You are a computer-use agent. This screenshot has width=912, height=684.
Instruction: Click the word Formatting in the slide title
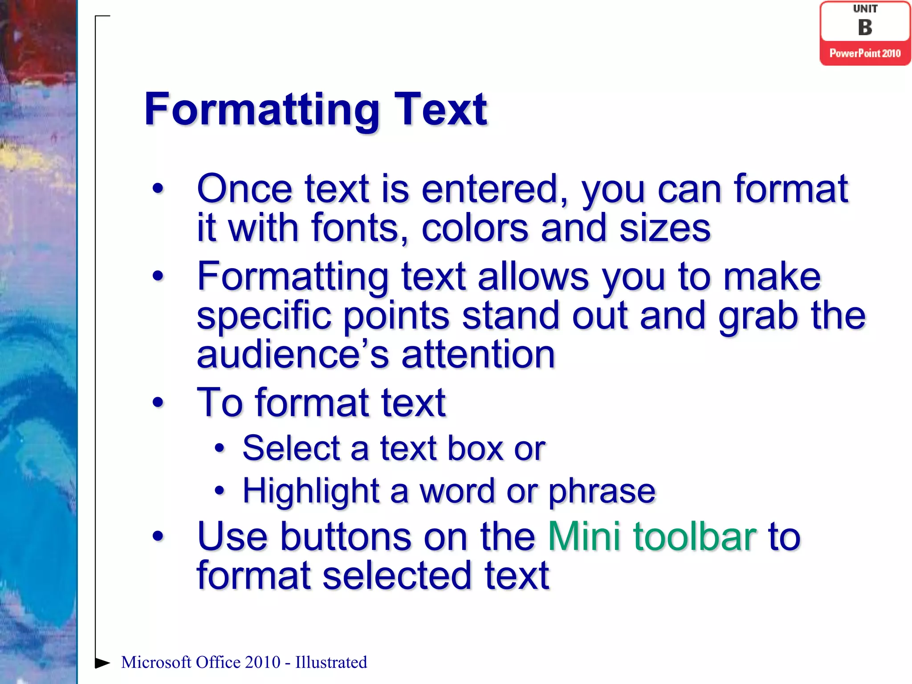(x=262, y=110)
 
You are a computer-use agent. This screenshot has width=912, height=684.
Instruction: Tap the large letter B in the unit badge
(x=865, y=28)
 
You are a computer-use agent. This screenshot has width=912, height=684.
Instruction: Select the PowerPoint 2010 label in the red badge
(x=865, y=53)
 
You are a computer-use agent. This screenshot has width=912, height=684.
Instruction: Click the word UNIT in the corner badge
(x=865, y=9)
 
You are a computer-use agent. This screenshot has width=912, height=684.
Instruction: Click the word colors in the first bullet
(x=475, y=228)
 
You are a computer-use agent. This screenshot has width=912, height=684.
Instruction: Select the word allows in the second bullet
(x=533, y=277)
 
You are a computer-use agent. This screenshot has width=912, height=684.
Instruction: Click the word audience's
(x=293, y=354)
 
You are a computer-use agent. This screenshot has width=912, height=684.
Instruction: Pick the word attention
(x=478, y=354)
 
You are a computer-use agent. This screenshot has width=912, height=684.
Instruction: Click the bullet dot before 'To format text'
(x=158, y=403)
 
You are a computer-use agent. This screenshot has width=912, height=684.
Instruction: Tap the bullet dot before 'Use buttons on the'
(x=158, y=536)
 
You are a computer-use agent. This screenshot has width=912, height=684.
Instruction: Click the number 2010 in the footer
(x=262, y=662)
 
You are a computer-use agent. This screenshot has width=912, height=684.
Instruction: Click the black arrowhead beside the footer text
(x=102, y=663)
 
